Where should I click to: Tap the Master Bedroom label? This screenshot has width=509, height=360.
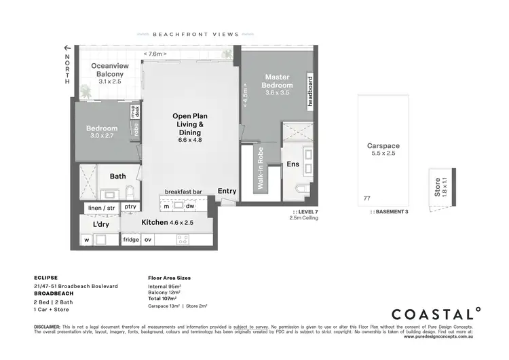click(x=278, y=81)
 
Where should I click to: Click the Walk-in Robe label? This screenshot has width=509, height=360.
click(x=260, y=167)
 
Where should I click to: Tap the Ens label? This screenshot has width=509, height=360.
click(x=293, y=164)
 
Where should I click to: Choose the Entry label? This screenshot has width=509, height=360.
click(x=227, y=192)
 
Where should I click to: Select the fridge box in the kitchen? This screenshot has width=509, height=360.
click(x=130, y=240)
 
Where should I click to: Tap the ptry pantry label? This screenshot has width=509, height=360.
click(x=130, y=207)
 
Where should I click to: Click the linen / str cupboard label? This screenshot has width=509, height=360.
click(x=101, y=207)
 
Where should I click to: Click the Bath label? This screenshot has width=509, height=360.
click(x=118, y=177)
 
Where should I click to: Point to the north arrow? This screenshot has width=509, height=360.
click(x=67, y=48)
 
